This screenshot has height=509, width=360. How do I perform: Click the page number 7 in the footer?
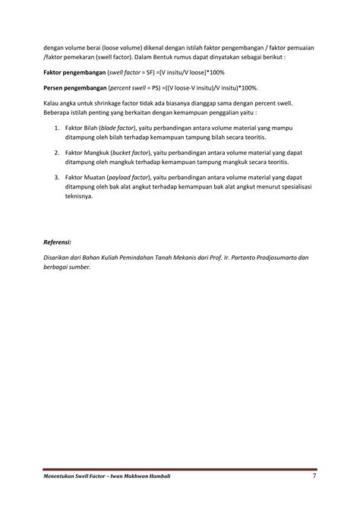[x=314, y=476]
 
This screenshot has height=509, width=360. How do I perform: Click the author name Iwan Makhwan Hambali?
[x=138, y=476]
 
